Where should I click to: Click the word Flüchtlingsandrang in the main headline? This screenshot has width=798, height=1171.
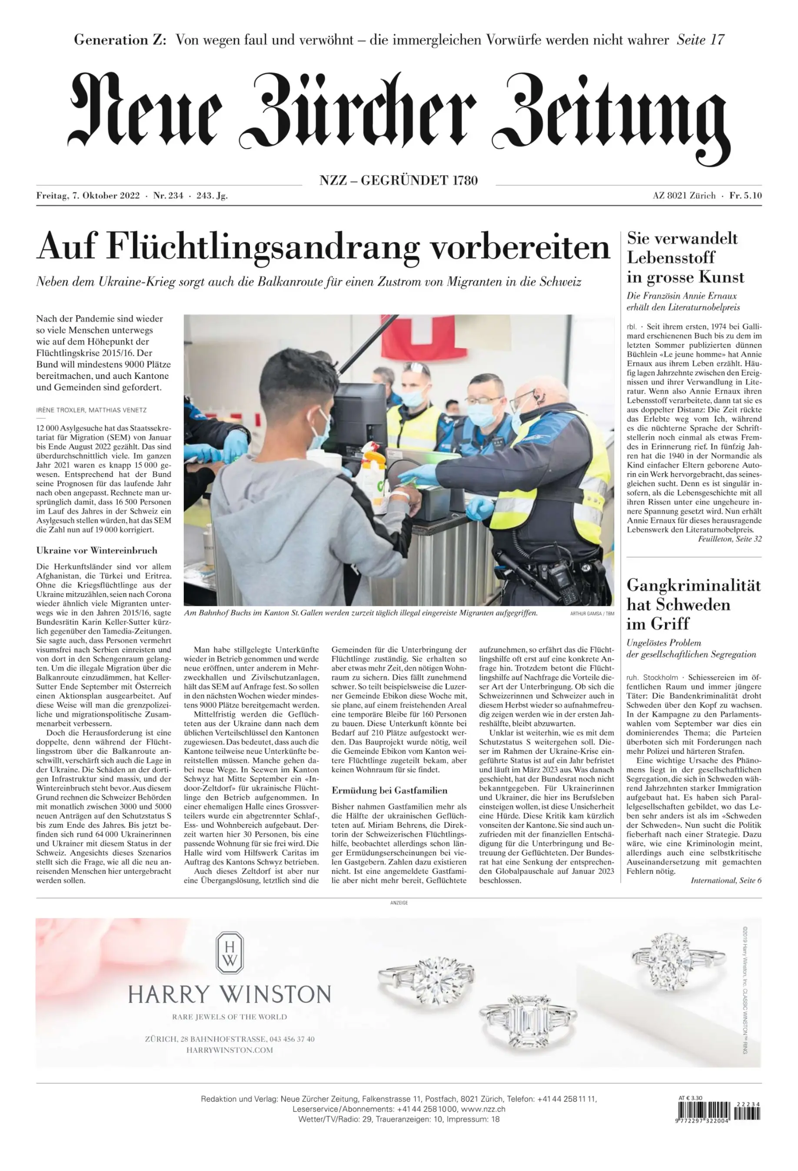coord(264,247)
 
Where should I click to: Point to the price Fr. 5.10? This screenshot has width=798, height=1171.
coord(745,196)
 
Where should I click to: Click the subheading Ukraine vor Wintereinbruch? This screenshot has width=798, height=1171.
coord(97,550)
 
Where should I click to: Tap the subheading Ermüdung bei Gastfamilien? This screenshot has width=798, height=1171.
coord(389,790)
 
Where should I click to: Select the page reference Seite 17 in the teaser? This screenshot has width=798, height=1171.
coord(700,40)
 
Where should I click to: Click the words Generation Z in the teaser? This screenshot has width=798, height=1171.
coord(120,40)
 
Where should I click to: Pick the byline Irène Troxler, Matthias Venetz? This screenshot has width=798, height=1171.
coord(91,410)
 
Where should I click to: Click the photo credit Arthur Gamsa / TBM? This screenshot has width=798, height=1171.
coord(592,614)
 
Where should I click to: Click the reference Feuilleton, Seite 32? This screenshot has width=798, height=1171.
coord(729,539)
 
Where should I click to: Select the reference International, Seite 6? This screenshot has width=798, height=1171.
coord(726,880)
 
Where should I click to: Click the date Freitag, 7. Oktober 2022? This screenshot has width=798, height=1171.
coord(88,196)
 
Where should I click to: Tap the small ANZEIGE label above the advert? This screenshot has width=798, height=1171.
coord(399,903)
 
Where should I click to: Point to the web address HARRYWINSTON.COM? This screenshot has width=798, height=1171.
coord(229,1050)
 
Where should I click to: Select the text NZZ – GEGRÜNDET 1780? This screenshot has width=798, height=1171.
coord(398,180)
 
